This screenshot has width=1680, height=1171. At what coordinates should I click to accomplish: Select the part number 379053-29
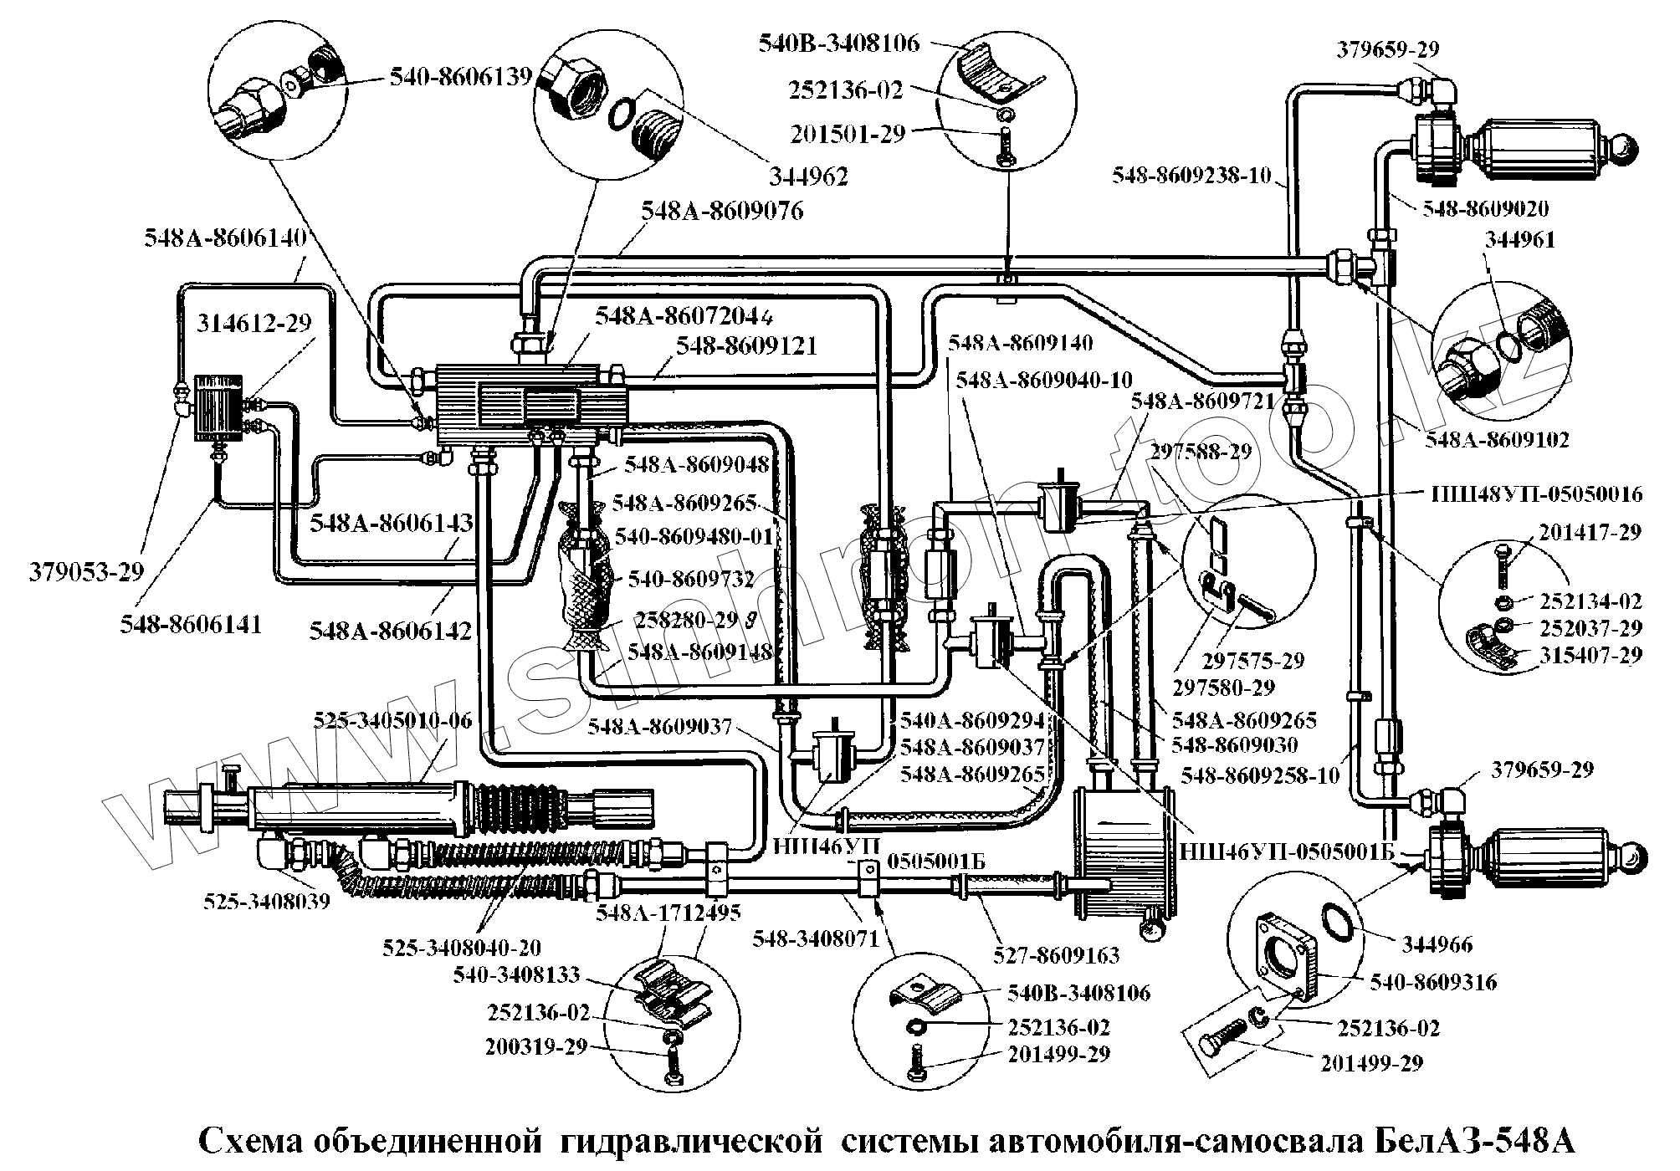[x=87, y=572]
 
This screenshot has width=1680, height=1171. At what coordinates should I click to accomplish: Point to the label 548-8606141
[x=191, y=624]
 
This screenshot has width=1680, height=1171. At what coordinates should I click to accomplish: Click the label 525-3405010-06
[x=392, y=720]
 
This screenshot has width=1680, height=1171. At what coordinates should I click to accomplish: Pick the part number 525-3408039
[x=267, y=901]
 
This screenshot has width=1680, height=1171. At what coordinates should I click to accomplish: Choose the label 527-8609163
[x=1057, y=955]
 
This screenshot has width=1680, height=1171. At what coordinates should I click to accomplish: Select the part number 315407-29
[x=1591, y=655]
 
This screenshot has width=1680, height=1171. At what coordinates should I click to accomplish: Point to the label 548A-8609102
[x=1497, y=439]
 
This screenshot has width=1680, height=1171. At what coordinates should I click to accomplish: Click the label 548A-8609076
[x=722, y=211]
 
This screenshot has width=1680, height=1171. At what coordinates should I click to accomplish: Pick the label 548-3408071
[x=816, y=938]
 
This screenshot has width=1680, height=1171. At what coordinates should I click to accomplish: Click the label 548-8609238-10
[x=1191, y=176]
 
